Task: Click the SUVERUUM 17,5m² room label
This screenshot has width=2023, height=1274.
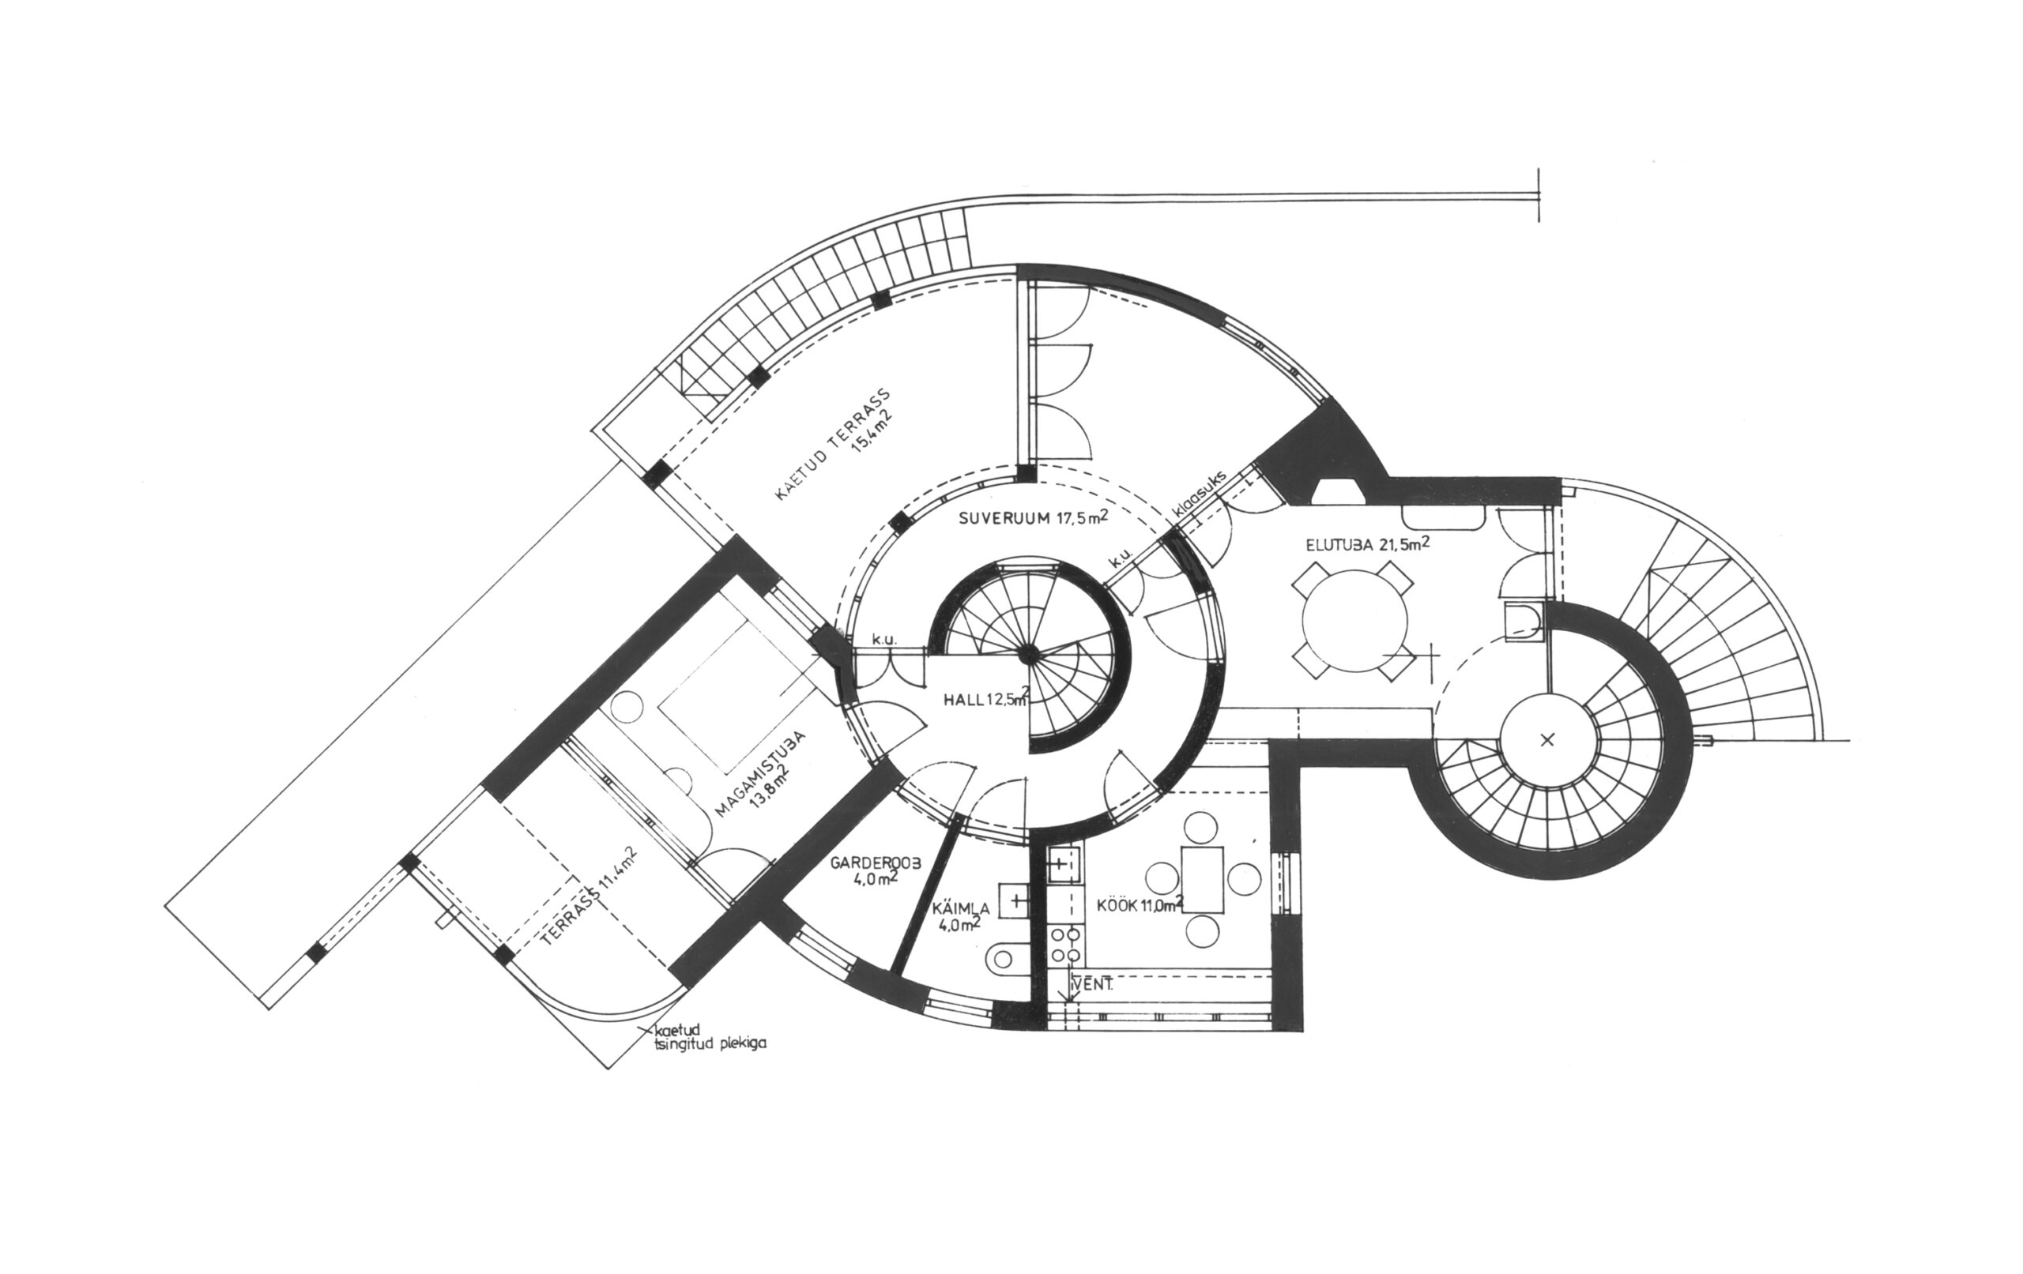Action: click(x=1033, y=517)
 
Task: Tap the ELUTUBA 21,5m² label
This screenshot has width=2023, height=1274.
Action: click(x=1369, y=544)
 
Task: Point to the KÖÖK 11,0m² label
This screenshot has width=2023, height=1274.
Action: click(x=1141, y=905)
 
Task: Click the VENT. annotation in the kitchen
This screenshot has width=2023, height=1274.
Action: click(x=1094, y=986)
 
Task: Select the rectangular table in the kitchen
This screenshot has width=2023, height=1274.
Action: click(x=1204, y=878)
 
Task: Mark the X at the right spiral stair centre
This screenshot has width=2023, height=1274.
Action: click(x=1546, y=739)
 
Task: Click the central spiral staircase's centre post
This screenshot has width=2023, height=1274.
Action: click(x=1027, y=652)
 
